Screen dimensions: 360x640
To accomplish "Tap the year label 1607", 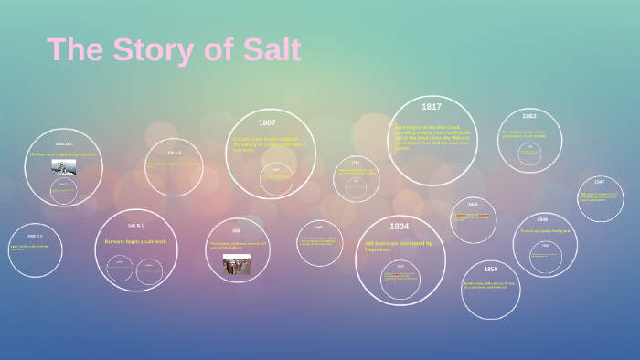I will (267, 122).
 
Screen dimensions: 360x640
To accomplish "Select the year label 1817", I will (431, 107).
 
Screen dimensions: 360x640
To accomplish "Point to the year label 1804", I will (399, 227).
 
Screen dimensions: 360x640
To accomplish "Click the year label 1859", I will (491, 270).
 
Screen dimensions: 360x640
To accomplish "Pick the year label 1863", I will (529, 116).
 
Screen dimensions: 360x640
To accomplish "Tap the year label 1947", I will (599, 182).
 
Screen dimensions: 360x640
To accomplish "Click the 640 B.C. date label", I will (136, 226).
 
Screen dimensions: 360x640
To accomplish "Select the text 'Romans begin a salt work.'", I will (135, 241).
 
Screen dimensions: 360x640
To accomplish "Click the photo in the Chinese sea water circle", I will (64, 167).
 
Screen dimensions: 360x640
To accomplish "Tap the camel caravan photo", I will (236, 264).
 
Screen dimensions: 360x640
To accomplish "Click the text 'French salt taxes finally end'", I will (545, 231).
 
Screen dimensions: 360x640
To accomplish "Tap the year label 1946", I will (542, 219).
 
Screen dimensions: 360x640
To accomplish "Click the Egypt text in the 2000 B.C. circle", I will (30, 247).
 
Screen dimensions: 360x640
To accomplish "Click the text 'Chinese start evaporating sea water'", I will (63, 154).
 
